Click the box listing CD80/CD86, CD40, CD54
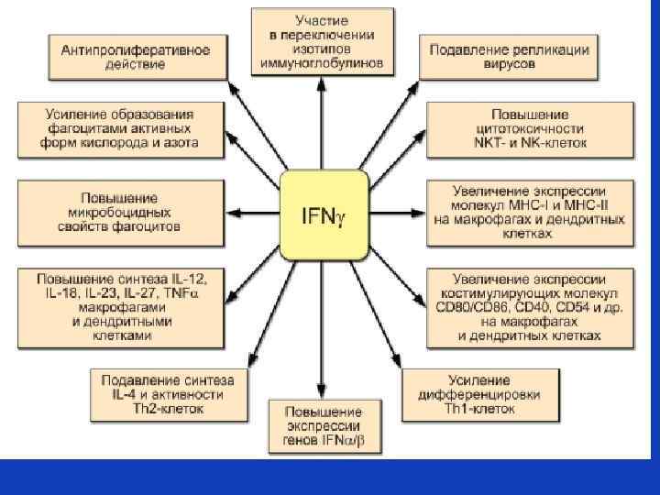529,304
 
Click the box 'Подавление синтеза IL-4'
168,394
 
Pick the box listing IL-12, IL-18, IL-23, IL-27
122,305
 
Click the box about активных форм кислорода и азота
120,129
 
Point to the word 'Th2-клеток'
168,409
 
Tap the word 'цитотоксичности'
530,129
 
